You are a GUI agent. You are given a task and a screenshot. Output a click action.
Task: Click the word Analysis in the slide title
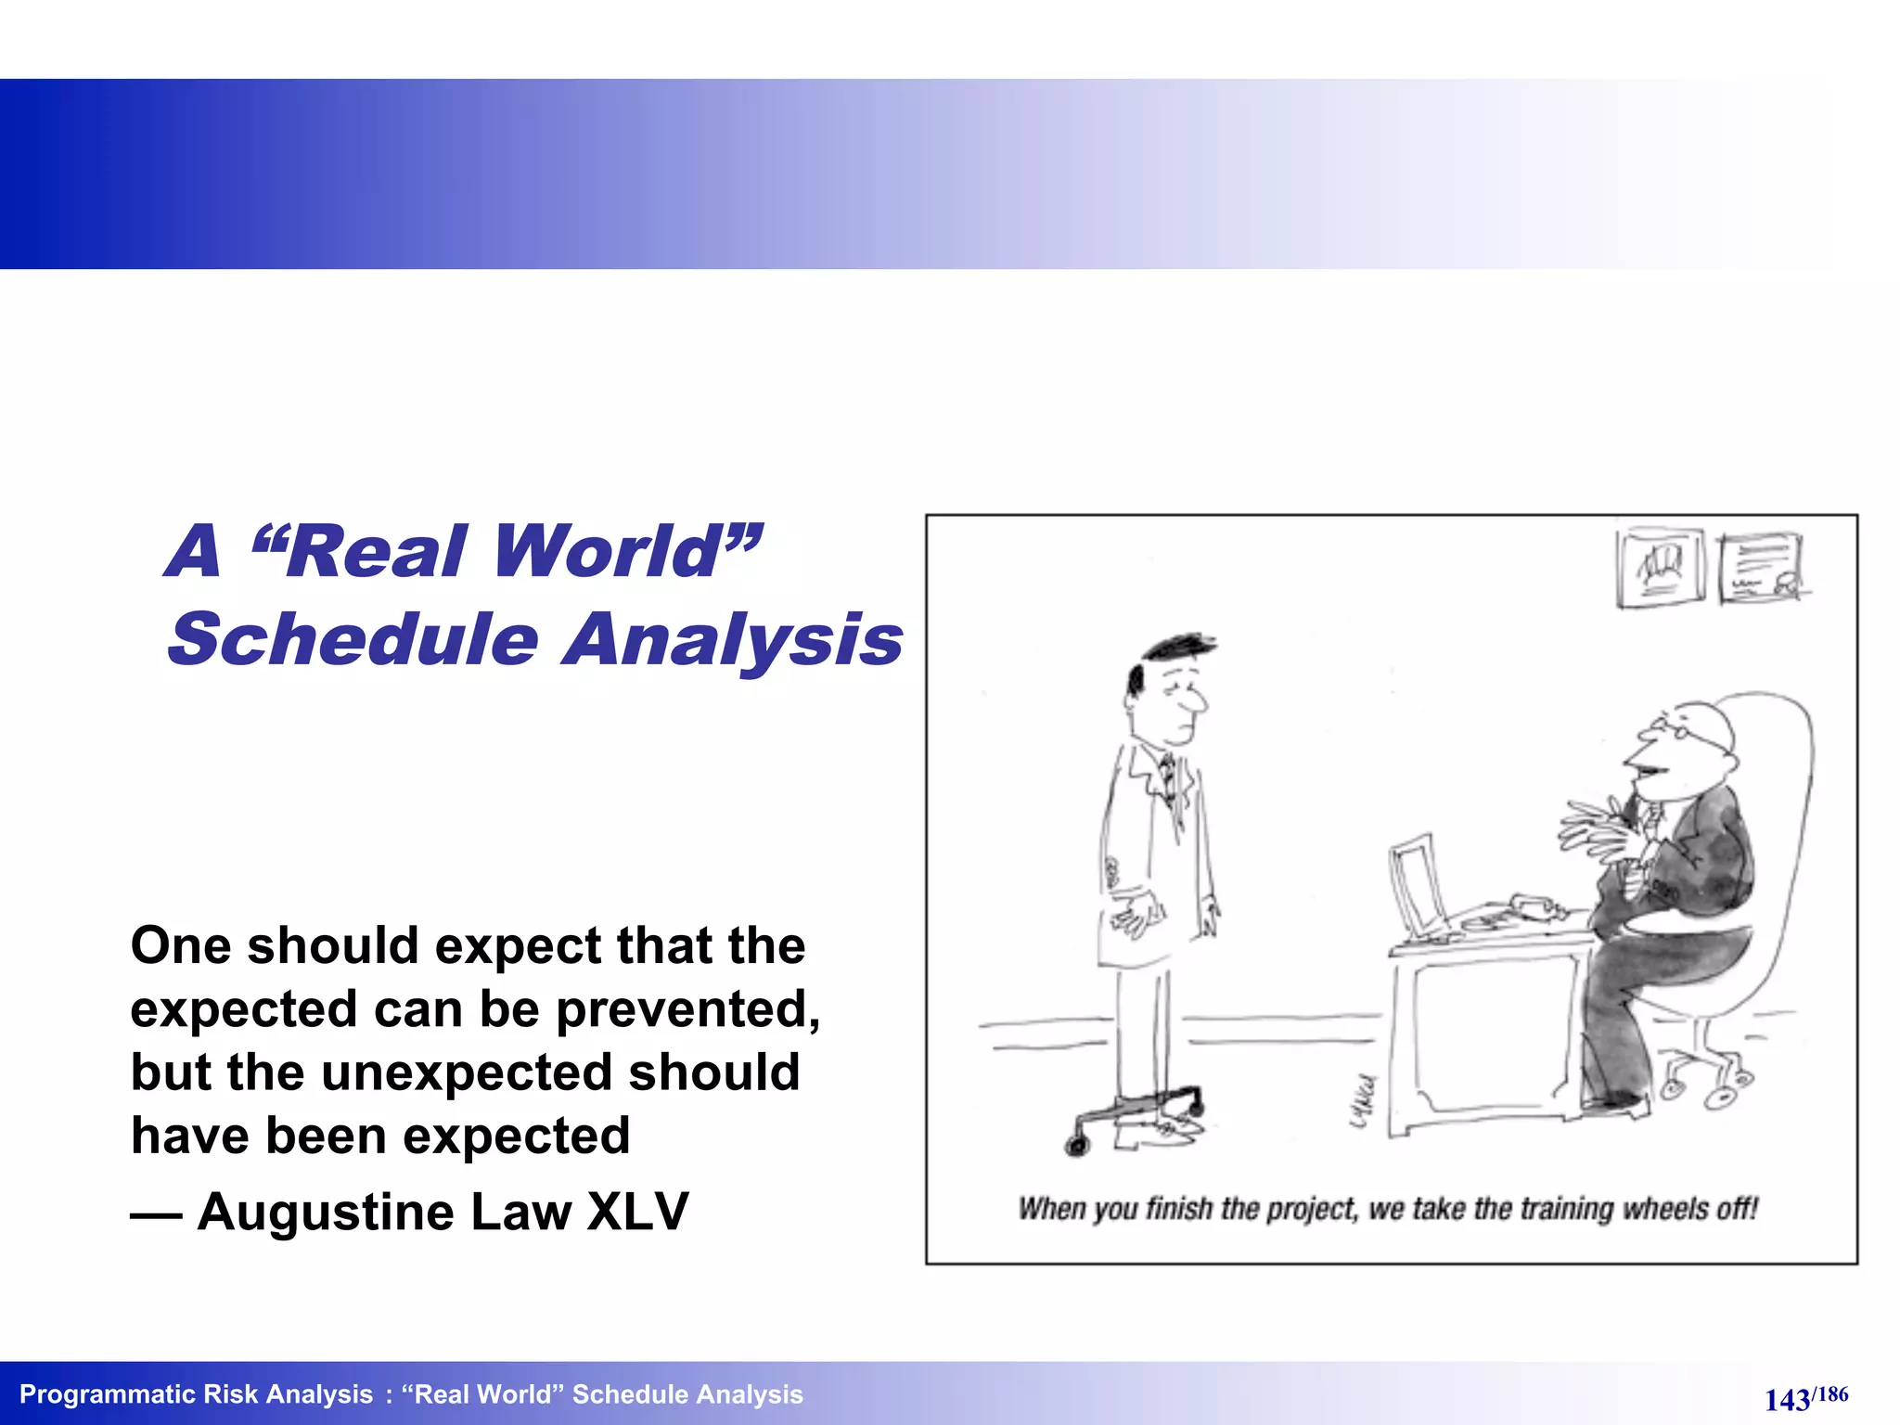[733, 640]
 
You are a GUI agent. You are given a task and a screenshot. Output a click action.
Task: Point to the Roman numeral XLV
[638, 1212]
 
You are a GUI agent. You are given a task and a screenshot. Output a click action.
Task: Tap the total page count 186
[1832, 1393]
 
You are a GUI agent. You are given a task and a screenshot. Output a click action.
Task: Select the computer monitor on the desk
[1417, 885]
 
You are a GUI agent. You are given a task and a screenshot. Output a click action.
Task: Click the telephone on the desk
[1535, 904]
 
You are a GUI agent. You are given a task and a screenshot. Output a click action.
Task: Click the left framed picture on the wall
[1661, 568]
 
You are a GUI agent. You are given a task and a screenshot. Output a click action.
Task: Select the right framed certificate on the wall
[1760, 568]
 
